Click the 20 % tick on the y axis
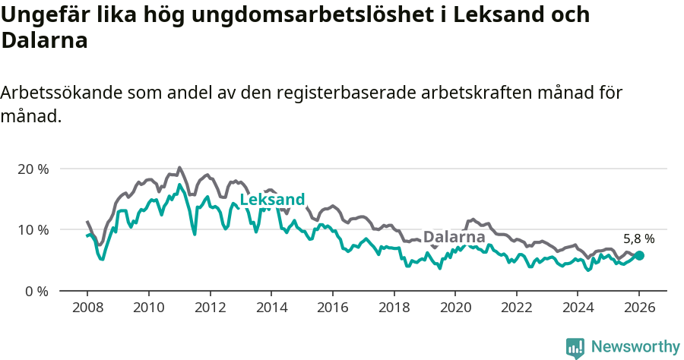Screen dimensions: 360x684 click(x=33, y=169)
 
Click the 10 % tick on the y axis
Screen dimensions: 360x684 click(x=33, y=229)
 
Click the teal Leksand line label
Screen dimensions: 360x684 click(x=272, y=200)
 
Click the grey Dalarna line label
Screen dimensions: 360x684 click(x=454, y=237)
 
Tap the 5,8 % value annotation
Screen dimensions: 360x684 click(x=638, y=238)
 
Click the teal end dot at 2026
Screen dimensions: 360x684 click(x=639, y=256)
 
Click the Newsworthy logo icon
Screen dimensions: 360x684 click(x=575, y=348)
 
